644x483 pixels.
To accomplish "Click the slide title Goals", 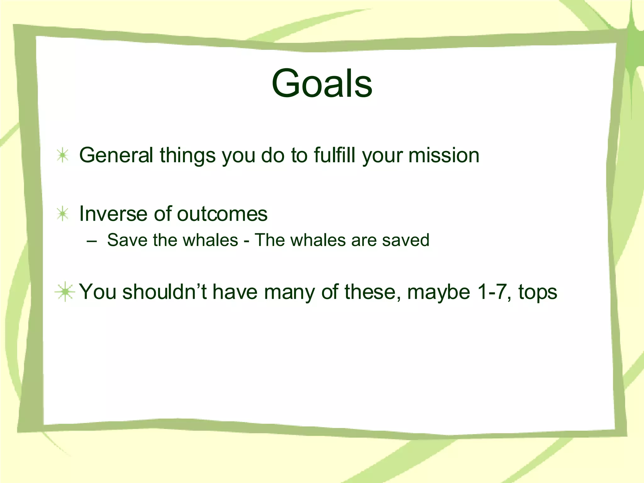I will (x=322, y=83).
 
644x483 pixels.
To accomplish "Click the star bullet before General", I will (x=63, y=155).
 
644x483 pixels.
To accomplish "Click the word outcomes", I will (x=222, y=214).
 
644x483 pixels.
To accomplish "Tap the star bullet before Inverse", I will (x=63, y=214).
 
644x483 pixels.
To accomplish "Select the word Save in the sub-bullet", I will (x=127, y=240).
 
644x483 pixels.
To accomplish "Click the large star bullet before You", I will (x=65, y=292).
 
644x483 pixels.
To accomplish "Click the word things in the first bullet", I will (x=188, y=156).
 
